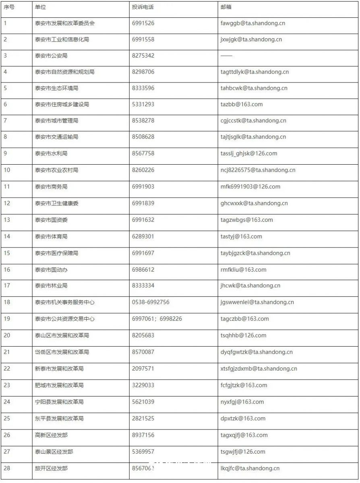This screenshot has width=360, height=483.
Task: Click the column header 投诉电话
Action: (143, 7)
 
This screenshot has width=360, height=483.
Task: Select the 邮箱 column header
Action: (226, 7)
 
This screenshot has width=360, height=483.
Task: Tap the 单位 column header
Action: (41, 7)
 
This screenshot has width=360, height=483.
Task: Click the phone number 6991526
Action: (143, 23)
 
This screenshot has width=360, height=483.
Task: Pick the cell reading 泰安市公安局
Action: (51, 56)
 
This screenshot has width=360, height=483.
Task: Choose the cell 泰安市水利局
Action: (51, 153)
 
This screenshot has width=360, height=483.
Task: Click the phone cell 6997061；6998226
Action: (157, 319)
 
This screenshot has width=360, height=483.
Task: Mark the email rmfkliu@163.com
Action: (243, 270)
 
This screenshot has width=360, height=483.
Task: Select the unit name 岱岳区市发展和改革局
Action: (62, 352)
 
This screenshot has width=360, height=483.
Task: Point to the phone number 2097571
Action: (143, 369)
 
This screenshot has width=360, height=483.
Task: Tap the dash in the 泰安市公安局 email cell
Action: (226, 56)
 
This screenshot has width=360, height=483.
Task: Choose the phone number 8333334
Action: (143, 286)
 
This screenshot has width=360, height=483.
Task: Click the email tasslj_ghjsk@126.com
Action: (249, 153)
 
